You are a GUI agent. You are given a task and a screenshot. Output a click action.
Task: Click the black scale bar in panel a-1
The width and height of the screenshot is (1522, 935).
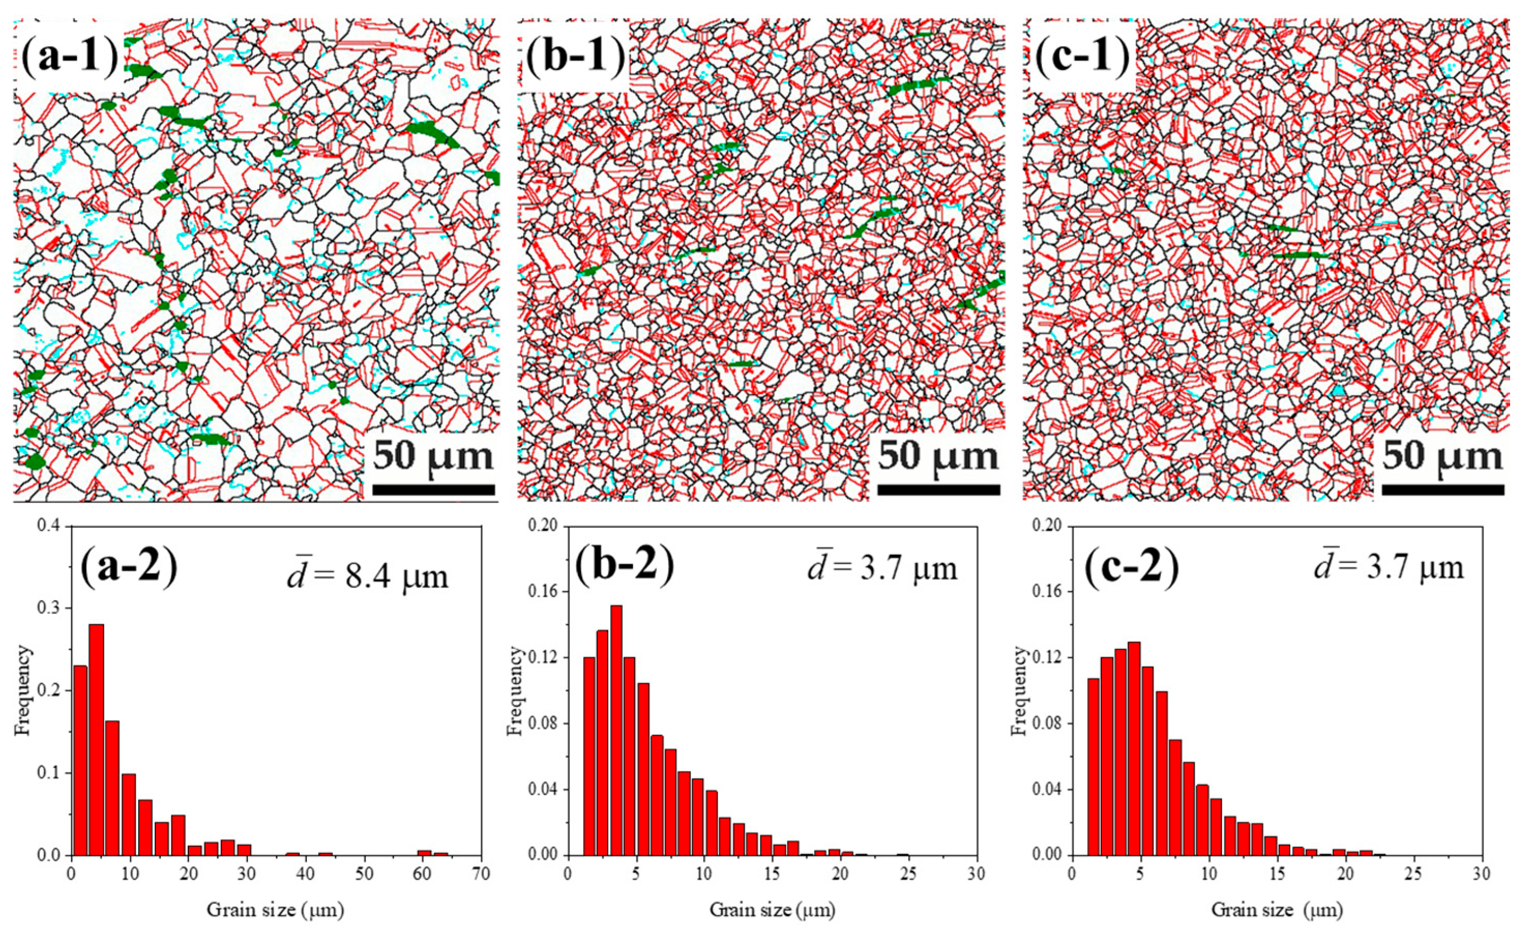point(434,490)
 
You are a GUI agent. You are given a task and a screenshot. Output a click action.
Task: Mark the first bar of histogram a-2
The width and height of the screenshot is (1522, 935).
point(80,760)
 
